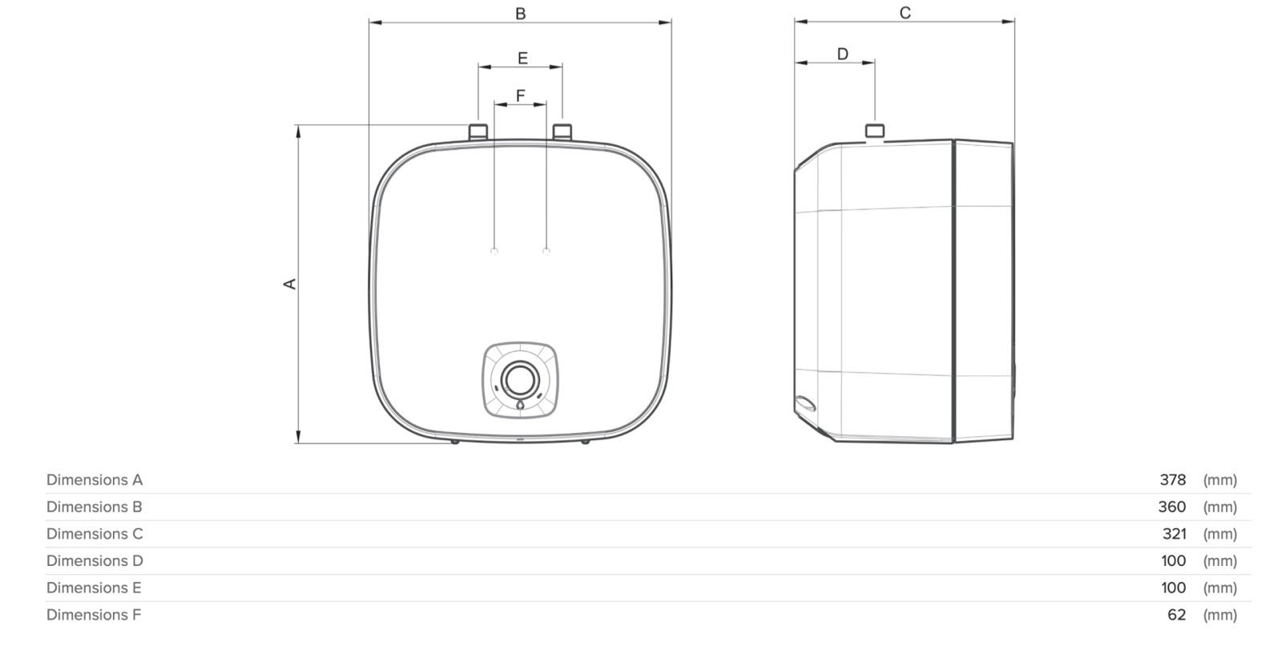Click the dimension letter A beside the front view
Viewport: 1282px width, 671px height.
point(290,284)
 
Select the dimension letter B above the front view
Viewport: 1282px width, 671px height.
point(520,14)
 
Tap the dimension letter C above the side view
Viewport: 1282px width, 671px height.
point(905,13)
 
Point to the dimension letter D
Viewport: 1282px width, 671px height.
point(842,54)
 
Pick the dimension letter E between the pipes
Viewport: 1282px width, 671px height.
point(522,58)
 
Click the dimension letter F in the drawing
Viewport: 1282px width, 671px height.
point(520,95)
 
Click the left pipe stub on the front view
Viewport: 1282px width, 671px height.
point(478,131)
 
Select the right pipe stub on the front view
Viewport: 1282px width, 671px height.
point(562,131)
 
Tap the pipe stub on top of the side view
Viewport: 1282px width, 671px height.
point(874,131)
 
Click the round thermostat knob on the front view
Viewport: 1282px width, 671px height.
point(520,380)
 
